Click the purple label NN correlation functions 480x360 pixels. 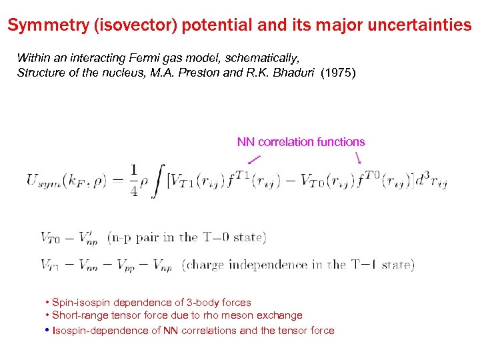[301, 141]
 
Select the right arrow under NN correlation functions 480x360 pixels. [359, 159]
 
